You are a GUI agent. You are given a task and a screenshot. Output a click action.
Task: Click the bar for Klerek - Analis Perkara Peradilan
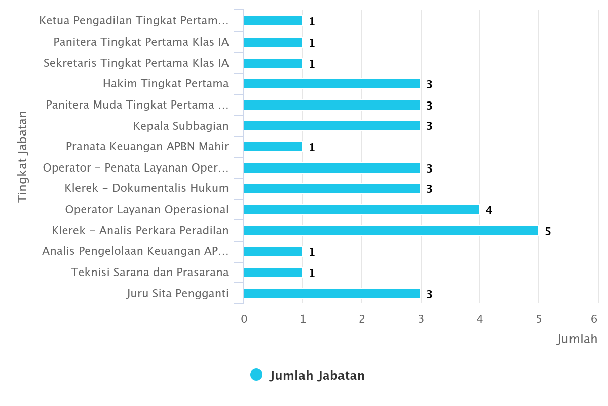pyautogui.click(x=391, y=231)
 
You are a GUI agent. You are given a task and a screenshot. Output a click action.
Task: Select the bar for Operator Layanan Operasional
pyautogui.click(x=361, y=210)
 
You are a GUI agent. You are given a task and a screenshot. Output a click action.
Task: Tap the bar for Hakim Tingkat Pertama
pyautogui.click(x=332, y=84)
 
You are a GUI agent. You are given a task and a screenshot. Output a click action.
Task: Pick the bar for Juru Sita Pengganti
pyautogui.click(x=332, y=294)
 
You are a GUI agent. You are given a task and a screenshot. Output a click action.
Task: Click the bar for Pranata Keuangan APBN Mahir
pyautogui.click(x=273, y=147)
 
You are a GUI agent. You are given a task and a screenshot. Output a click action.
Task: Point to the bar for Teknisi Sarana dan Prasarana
pyautogui.click(x=273, y=273)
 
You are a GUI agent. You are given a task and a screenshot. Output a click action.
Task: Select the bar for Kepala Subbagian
pyautogui.click(x=332, y=125)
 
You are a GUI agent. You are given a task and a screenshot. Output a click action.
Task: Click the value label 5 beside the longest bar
pyautogui.click(x=548, y=231)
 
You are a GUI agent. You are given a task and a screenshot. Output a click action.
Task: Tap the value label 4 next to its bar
pyautogui.click(x=489, y=210)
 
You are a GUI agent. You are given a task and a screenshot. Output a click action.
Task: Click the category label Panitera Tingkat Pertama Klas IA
pyautogui.click(x=141, y=42)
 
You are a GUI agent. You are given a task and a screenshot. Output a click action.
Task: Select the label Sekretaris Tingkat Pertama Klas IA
pyautogui.click(x=136, y=63)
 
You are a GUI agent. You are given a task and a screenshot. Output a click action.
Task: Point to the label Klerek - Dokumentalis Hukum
pyautogui.click(x=146, y=188)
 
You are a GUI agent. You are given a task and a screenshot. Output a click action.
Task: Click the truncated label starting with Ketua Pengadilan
pyautogui.click(x=134, y=21)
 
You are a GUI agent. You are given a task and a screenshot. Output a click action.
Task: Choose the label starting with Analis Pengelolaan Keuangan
pyautogui.click(x=135, y=251)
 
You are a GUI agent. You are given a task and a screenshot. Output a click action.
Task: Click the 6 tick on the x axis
pyautogui.click(x=594, y=319)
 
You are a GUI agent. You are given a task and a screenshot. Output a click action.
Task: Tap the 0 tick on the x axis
pyautogui.click(x=244, y=319)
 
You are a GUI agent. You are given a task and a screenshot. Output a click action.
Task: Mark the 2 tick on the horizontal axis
pyautogui.click(x=362, y=319)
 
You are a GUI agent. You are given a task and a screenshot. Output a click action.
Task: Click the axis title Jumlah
pyautogui.click(x=577, y=339)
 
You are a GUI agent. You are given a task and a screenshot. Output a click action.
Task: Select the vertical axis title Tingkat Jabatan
pyautogui.click(x=22, y=157)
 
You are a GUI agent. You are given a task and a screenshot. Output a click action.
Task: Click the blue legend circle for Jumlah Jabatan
pyautogui.click(x=256, y=375)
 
